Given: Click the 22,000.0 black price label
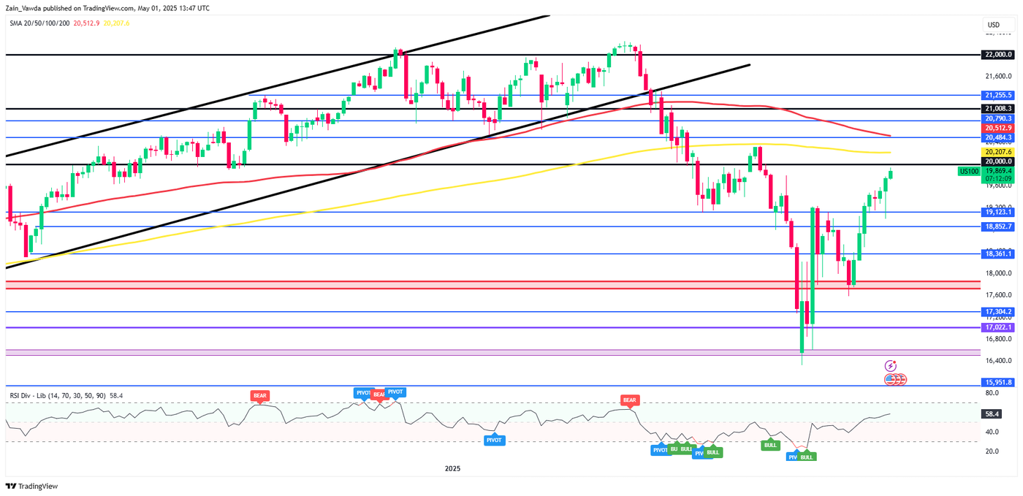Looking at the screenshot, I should [998, 55].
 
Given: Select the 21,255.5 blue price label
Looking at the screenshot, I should [998, 95].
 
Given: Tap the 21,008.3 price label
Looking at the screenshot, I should [998, 108].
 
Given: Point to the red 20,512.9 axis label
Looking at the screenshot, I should [998, 127].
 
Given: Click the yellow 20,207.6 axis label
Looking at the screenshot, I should [998, 151].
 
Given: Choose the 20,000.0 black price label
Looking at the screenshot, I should [998, 161].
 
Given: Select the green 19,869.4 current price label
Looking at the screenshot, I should [998, 170].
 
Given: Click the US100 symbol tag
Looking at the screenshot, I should [968, 171].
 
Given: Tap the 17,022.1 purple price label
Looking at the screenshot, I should [998, 327].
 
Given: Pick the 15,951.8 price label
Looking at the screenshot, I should [998, 382].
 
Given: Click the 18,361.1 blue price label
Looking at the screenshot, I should [998, 253].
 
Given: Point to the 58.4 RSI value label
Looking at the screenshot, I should [993, 413].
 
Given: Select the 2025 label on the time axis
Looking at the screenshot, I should [452, 468].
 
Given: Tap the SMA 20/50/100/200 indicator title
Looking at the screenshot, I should [39, 23].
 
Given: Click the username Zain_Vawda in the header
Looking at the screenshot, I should [23, 8].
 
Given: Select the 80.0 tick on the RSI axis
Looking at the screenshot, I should [992, 393].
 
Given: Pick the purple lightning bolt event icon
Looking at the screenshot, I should [891, 365].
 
